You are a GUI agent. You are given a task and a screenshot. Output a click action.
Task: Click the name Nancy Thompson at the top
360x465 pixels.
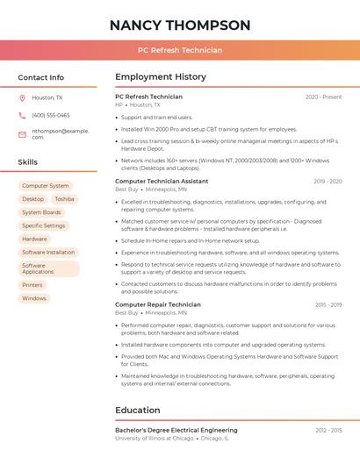(180, 25)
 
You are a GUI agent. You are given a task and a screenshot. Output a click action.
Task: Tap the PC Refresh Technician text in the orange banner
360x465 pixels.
(180, 50)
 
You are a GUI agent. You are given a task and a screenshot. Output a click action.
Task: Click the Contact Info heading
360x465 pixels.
(41, 77)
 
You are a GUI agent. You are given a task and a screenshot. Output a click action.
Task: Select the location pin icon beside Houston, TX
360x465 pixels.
(23, 98)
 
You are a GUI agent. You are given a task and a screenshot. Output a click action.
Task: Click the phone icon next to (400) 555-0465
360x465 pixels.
(23, 115)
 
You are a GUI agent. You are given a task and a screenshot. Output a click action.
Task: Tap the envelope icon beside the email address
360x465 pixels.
(23, 133)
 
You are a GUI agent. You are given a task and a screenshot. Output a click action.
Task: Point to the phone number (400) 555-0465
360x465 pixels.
(51, 115)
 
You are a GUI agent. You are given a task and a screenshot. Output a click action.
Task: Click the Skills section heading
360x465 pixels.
(28, 162)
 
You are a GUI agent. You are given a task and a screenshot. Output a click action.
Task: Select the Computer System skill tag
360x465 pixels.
(46, 186)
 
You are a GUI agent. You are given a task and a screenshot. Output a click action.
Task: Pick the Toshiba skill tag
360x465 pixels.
(64, 199)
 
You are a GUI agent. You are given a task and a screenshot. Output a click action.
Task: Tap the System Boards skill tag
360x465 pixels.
(41, 212)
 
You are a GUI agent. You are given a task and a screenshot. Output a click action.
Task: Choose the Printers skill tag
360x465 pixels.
(32, 285)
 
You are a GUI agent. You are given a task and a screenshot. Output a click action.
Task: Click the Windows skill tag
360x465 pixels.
(34, 298)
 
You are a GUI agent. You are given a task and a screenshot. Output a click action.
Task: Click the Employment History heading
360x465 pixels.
(161, 77)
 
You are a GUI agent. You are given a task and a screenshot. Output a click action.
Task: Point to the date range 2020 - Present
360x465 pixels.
(323, 97)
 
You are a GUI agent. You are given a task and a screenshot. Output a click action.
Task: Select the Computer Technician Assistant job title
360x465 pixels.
(162, 181)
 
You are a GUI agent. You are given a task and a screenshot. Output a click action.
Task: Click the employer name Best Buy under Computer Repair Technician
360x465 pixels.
(126, 312)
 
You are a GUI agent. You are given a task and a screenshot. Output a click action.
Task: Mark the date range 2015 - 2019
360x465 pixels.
(328, 304)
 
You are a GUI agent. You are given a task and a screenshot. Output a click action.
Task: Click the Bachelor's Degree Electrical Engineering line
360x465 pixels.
(176, 430)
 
